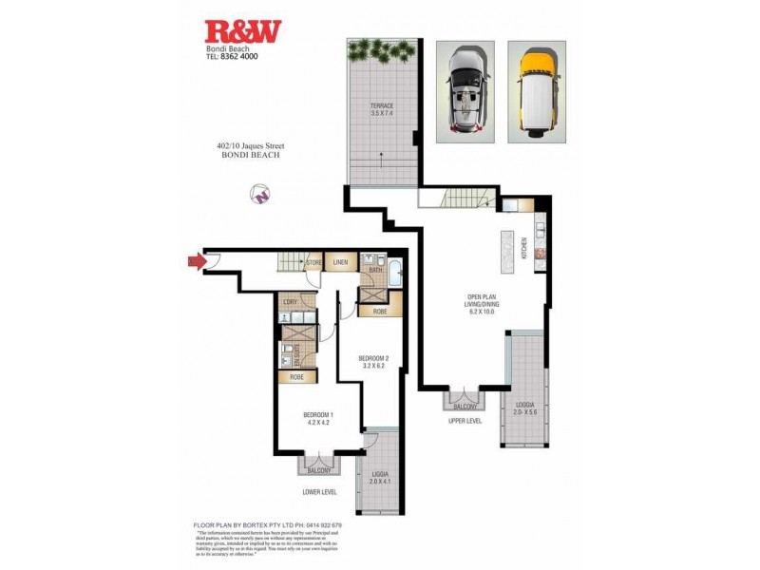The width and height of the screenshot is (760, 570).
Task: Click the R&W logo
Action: tap(244, 31)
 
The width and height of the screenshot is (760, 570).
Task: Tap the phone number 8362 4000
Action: tap(238, 56)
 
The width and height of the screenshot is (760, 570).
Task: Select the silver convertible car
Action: tap(465, 91)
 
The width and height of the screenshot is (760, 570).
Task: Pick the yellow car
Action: tap(537, 91)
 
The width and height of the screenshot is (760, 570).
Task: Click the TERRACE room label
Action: tap(383, 110)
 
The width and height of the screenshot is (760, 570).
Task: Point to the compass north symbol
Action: tap(258, 193)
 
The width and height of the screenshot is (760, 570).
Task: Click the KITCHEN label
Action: tap(523, 247)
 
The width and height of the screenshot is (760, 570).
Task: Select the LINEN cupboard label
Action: tap(340, 262)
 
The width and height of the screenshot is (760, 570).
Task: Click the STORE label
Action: tap(313, 262)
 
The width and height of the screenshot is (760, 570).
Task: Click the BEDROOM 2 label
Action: tap(372, 362)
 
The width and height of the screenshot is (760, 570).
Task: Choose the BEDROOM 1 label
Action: tap(317, 419)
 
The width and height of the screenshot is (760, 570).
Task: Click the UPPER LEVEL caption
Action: tap(465, 420)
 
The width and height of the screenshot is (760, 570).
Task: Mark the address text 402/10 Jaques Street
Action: tap(251, 146)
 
